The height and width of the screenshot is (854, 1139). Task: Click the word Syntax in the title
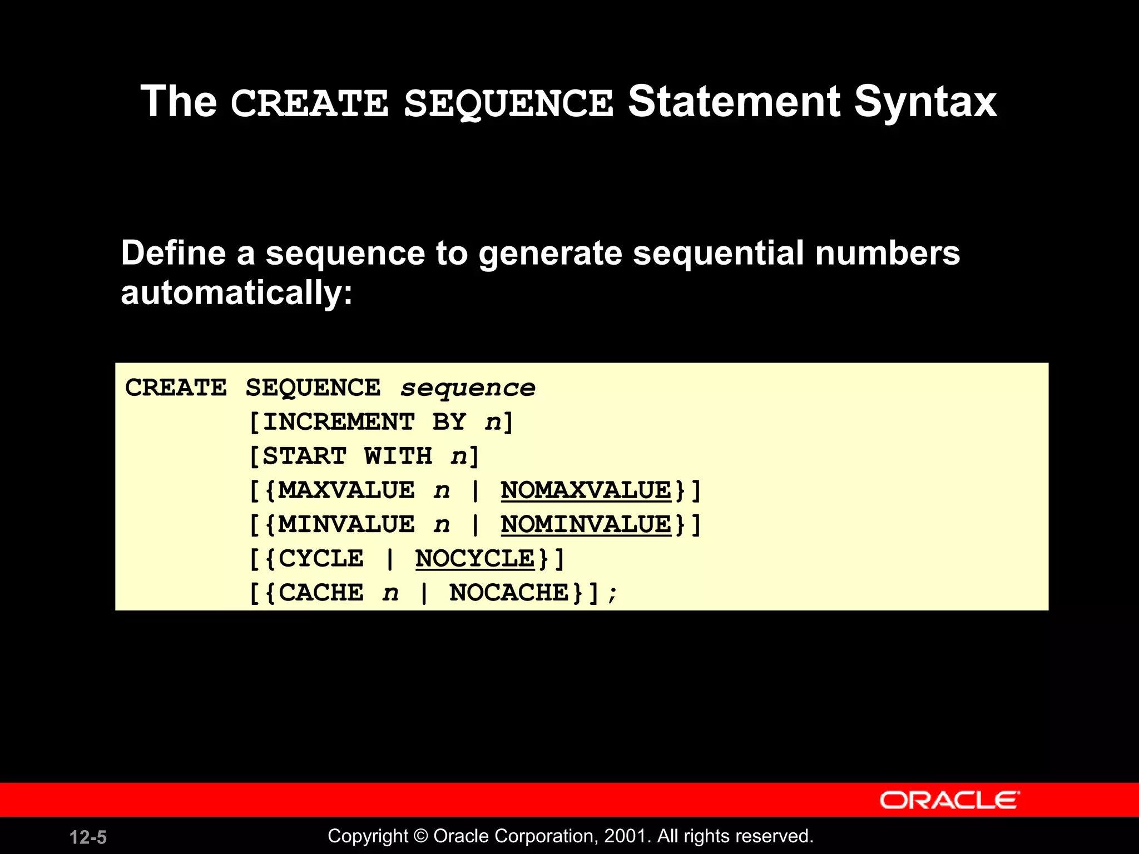925,103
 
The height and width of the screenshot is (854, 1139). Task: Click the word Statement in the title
734,102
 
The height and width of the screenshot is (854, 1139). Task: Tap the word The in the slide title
179,102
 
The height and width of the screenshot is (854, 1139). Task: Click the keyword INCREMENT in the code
339,422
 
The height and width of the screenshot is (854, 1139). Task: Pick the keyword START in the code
304,456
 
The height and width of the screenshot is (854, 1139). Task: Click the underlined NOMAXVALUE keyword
586,490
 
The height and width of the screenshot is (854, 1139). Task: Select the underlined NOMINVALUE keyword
586,525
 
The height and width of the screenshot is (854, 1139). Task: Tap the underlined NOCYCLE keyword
474,559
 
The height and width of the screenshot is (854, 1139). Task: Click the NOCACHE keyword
509,593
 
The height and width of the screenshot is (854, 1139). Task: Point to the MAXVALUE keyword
346,490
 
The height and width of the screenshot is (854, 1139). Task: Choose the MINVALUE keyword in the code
346,525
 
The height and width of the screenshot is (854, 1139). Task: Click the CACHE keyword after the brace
321,593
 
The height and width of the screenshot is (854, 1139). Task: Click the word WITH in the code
398,456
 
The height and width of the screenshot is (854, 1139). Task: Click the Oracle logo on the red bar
949,800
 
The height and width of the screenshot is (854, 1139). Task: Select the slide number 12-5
88,837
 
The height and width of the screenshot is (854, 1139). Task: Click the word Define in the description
173,254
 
